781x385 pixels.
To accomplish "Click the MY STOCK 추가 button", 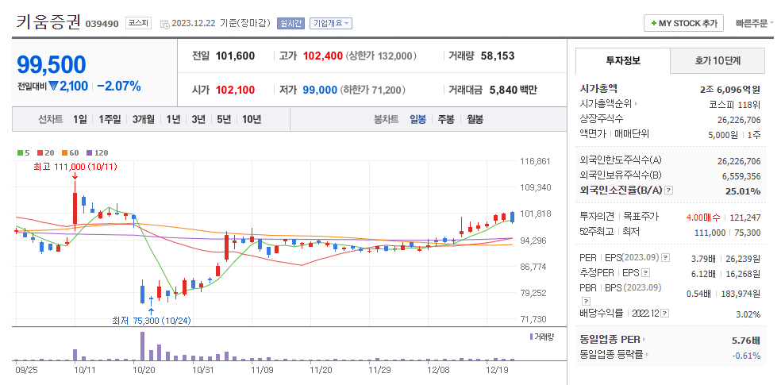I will tap(683, 23).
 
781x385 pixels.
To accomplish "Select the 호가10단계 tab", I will tap(717, 60).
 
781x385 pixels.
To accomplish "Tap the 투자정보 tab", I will tap(623, 60).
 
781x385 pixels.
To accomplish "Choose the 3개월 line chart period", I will tap(144, 119).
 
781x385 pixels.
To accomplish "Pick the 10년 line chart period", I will tap(251, 119).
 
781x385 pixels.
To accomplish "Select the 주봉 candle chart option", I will tap(446, 119).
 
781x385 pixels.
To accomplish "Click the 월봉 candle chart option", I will tap(475, 119).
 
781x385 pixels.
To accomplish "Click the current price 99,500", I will tap(51, 64).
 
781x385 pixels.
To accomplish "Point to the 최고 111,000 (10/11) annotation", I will tap(75, 167).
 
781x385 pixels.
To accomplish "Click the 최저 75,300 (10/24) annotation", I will tap(151, 321).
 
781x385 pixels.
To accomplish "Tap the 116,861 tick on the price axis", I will tap(535, 161).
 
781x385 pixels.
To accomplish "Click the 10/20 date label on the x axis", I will tap(144, 369).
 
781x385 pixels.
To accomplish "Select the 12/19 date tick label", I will tap(497, 369).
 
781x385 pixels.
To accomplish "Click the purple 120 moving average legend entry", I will tap(99, 152).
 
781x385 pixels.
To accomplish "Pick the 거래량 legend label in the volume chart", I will tap(544, 337).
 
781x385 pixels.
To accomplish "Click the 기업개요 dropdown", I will tap(330, 24).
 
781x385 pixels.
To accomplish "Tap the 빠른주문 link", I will tap(751, 23).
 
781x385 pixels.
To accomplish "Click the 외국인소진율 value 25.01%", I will tap(743, 191).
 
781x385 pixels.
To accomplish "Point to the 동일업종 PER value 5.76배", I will tap(746, 340).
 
